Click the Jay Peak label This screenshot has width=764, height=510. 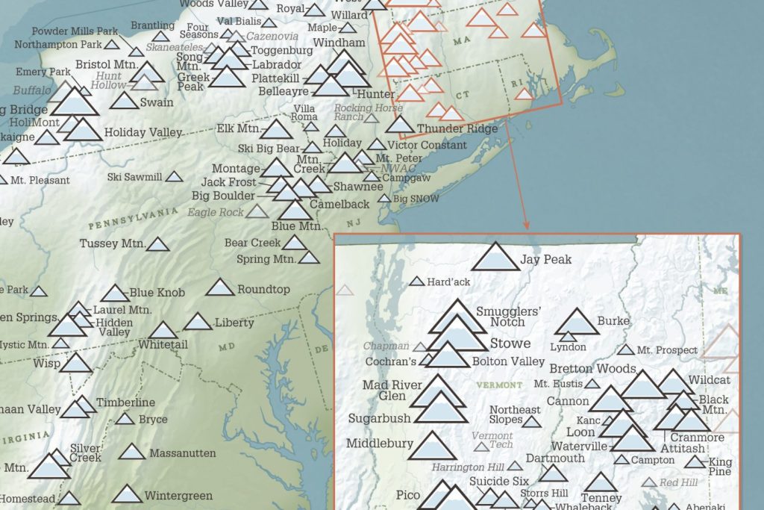click(546, 260)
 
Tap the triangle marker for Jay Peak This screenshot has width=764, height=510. click(495, 258)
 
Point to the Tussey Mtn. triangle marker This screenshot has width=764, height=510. click(157, 244)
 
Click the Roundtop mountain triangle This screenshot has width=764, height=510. click(220, 288)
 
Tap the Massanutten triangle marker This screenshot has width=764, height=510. click(132, 453)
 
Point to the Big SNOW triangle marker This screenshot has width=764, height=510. click(383, 199)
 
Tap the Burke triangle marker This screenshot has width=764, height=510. click(576, 323)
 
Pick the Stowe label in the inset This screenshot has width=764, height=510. click(510, 343)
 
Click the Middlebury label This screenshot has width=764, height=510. click(379, 444)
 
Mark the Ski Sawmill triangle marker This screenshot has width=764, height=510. click(174, 177)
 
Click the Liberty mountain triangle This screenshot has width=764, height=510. click(198, 323)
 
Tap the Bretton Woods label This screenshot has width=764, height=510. click(592, 368)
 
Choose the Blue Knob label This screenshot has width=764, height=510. click(157, 293)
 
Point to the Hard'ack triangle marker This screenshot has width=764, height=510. click(416, 282)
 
